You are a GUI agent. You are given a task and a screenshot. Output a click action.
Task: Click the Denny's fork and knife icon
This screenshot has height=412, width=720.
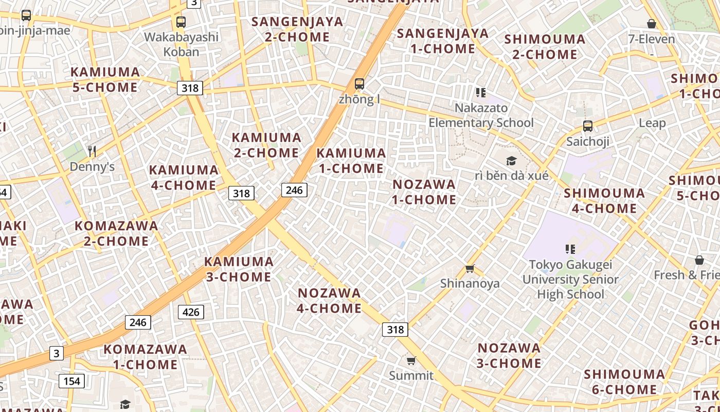pos(92,151)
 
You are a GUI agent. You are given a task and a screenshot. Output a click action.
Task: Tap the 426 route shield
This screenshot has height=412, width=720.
pos(191,312)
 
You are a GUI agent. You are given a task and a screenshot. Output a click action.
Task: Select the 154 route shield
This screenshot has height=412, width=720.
pos(71,381)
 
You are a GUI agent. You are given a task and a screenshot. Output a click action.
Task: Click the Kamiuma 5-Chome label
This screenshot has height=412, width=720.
pos(105,80)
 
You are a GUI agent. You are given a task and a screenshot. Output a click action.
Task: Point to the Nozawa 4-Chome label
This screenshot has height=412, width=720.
pos(330,301)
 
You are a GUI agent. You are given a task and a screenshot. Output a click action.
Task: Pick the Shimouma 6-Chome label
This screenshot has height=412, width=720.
pos(624,382)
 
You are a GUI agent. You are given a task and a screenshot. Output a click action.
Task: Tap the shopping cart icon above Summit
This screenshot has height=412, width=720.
pos(411,360)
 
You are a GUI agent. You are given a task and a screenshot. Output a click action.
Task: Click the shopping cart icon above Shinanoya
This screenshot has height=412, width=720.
pos(470,268)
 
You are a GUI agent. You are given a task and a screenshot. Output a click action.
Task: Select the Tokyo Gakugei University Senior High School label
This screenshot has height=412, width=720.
pos(570,280)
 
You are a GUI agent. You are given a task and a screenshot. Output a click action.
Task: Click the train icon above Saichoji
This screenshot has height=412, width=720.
pos(588,126)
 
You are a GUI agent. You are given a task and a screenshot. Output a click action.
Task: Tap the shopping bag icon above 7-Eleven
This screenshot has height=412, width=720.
pos(652,24)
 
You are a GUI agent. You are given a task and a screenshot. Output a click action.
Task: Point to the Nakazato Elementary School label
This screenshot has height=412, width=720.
pos(481,115)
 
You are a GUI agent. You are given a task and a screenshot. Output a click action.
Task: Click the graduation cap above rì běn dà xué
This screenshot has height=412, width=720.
pos(511,161)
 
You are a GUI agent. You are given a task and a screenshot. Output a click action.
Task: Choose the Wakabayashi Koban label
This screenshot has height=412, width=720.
pos(181,44)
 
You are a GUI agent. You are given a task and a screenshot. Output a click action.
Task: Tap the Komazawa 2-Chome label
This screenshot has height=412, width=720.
pos(116,233)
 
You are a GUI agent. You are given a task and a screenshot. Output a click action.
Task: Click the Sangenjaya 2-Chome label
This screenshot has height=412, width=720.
pos(297,29)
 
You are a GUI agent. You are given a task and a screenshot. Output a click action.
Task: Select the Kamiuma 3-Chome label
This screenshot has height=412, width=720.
pos(239,269)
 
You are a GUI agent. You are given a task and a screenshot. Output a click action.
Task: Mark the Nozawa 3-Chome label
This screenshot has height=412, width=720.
pos(509,356)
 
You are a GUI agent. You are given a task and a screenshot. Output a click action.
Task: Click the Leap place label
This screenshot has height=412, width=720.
pos(652,123)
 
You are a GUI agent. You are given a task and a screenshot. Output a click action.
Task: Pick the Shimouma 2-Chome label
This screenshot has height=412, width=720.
pos(545,47)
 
